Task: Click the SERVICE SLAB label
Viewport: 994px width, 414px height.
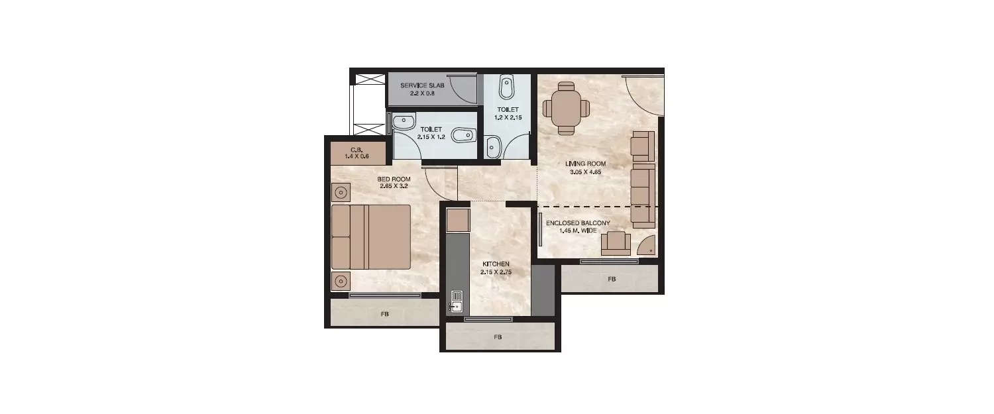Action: pos(421,85)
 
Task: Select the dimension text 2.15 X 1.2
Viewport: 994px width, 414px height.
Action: pos(429,138)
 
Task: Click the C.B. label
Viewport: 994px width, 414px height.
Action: pos(356,149)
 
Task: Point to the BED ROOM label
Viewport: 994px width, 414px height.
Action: pos(394,180)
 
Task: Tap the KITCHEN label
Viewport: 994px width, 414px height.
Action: pos(496,264)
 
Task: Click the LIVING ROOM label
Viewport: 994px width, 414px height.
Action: pos(585,164)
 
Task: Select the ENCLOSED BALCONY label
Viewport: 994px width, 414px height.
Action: pos(577,223)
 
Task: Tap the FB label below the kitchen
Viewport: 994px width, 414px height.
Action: pos(498,337)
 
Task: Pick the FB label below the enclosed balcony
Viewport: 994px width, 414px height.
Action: pos(611,280)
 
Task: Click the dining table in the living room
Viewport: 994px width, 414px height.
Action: pos(566,107)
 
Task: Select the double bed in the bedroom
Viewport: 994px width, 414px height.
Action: pos(371,236)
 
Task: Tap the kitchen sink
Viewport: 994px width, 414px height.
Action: pos(457,301)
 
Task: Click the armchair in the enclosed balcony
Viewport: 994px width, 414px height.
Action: pos(616,242)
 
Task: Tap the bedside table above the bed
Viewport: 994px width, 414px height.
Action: pos(341,193)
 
